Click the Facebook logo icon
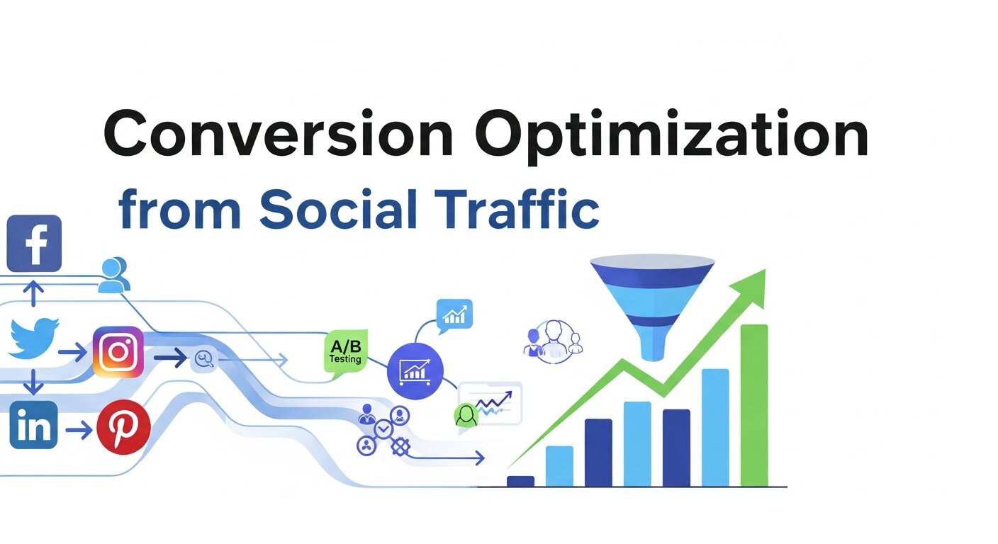click(x=34, y=243)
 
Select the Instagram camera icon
click(x=118, y=351)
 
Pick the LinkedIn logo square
click(x=33, y=424)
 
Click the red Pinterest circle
click(x=123, y=428)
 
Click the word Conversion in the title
click(x=278, y=134)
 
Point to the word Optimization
click(x=671, y=135)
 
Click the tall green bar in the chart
click(x=754, y=405)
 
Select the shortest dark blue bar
click(x=521, y=481)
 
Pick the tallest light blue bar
click(x=715, y=427)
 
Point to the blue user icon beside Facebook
click(x=113, y=275)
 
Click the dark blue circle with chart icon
click(x=415, y=368)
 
